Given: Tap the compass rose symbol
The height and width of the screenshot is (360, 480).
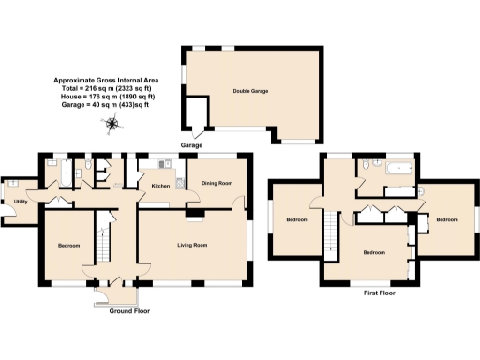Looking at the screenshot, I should (x=112, y=123).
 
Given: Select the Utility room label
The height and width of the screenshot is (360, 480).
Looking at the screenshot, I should (x=20, y=201).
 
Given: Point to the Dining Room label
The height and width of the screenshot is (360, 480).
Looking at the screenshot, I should (x=217, y=184).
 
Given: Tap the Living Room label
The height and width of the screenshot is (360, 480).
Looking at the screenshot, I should (x=192, y=245).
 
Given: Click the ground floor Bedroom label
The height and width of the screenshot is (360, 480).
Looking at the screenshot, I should (x=68, y=246).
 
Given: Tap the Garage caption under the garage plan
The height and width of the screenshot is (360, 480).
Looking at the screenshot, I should (x=192, y=145).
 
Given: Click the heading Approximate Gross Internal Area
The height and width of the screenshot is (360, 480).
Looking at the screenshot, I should (x=105, y=81).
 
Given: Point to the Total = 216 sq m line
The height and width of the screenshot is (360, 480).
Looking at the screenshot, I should (x=105, y=88).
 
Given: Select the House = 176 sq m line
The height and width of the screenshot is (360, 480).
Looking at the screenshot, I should (x=105, y=96).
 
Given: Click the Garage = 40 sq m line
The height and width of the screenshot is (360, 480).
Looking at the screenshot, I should (x=105, y=103).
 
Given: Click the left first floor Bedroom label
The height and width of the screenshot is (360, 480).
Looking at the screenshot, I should (x=298, y=220).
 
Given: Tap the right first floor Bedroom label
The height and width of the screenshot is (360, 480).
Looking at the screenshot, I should (x=447, y=220).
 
